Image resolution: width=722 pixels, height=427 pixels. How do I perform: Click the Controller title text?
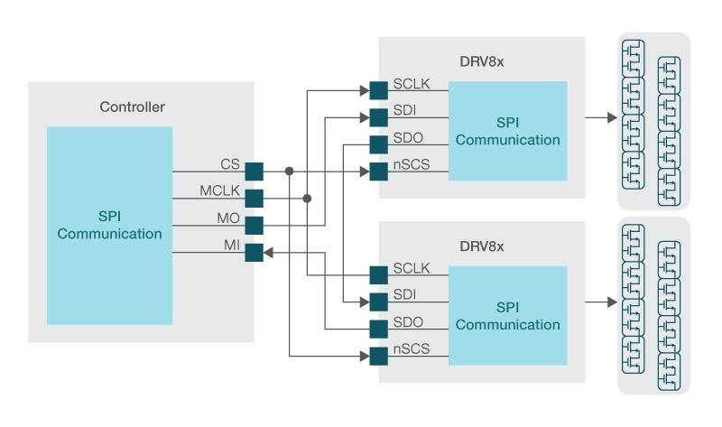click(x=132, y=107)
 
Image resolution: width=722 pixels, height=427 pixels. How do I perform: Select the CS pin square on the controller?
click(x=254, y=171)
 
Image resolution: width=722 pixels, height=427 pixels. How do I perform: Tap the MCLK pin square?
click(x=254, y=198)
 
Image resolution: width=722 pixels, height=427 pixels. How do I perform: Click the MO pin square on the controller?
click(x=254, y=225)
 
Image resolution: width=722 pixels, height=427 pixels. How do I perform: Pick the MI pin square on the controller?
click(x=254, y=253)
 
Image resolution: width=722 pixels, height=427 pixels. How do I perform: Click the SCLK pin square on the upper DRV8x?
click(x=378, y=89)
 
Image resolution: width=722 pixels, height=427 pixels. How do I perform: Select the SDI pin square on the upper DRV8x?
click(x=378, y=116)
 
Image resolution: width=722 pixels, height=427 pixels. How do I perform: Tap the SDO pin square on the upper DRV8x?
click(x=378, y=144)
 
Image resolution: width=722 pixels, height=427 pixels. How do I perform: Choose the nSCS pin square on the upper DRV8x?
click(x=378, y=171)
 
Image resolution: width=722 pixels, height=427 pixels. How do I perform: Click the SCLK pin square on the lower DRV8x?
click(x=378, y=274)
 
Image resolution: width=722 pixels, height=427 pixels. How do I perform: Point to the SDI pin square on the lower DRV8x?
click(x=378, y=301)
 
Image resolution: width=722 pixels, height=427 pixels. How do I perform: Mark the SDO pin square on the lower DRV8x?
click(x=378, y=328)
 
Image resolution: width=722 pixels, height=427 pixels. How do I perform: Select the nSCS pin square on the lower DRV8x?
click(x=378, y=355)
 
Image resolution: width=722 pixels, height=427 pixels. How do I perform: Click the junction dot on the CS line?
click(x=290, y=171)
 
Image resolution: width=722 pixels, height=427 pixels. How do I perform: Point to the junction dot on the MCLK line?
click(x=308, y=198)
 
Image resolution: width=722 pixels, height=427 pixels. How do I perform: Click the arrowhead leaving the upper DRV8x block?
click(x=612, y=117)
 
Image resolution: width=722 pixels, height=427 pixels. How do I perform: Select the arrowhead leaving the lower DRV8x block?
click(x=612, y=302)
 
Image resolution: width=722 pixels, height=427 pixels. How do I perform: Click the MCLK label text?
click(x=218, y=191)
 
